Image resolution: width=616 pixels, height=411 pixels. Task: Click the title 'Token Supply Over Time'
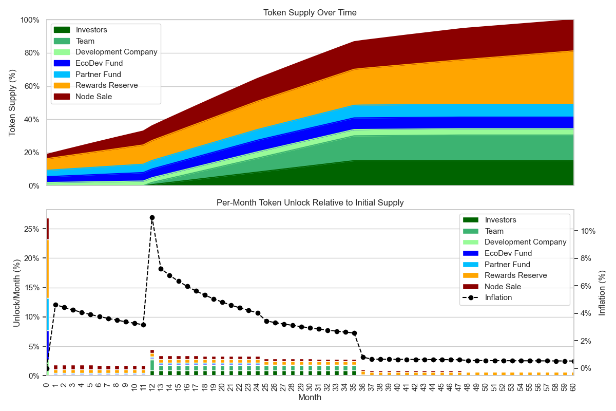(310, 12)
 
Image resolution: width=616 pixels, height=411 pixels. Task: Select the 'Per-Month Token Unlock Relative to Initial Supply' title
(310, 202)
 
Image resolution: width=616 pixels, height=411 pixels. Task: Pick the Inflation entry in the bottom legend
(498, 297)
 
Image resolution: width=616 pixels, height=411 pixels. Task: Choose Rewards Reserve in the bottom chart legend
(516, 275)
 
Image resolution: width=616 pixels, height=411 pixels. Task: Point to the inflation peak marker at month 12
(152, 217)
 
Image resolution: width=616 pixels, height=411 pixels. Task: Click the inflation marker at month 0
(47, 368)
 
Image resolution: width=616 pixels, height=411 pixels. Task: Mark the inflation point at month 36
(363, 357)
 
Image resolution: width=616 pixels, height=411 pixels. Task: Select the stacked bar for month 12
(152, 363)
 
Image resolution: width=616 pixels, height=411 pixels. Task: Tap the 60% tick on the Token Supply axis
(30, 86)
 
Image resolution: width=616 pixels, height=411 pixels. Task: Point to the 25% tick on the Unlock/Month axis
(32, 229)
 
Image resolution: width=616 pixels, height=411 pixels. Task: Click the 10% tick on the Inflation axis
(588, 231)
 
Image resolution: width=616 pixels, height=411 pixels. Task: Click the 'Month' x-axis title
(310, 398)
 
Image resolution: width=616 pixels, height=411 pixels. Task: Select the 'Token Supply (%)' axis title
(12, 103)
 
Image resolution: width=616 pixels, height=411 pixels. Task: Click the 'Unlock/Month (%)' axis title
(16, 292)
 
